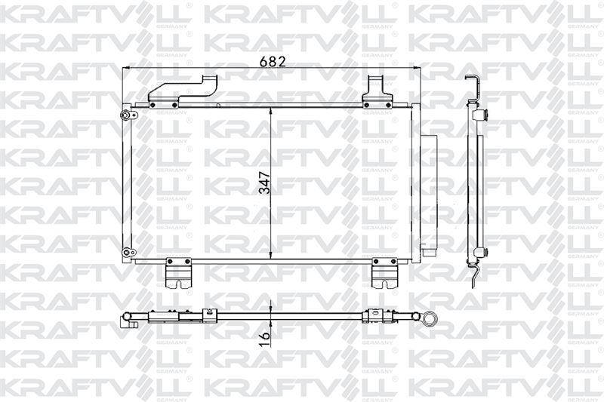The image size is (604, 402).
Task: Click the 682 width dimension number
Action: [273, 62]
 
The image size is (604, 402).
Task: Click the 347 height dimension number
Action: [265, 183]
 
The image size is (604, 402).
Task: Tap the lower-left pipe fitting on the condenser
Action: [128, 253]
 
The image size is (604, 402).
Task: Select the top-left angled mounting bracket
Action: [183, 91]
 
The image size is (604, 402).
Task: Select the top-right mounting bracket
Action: [377, 91]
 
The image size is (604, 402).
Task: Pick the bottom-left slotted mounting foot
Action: [178, 273]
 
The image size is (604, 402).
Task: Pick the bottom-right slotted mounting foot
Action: [384, 273]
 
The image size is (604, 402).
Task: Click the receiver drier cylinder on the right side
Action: [429, 195]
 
